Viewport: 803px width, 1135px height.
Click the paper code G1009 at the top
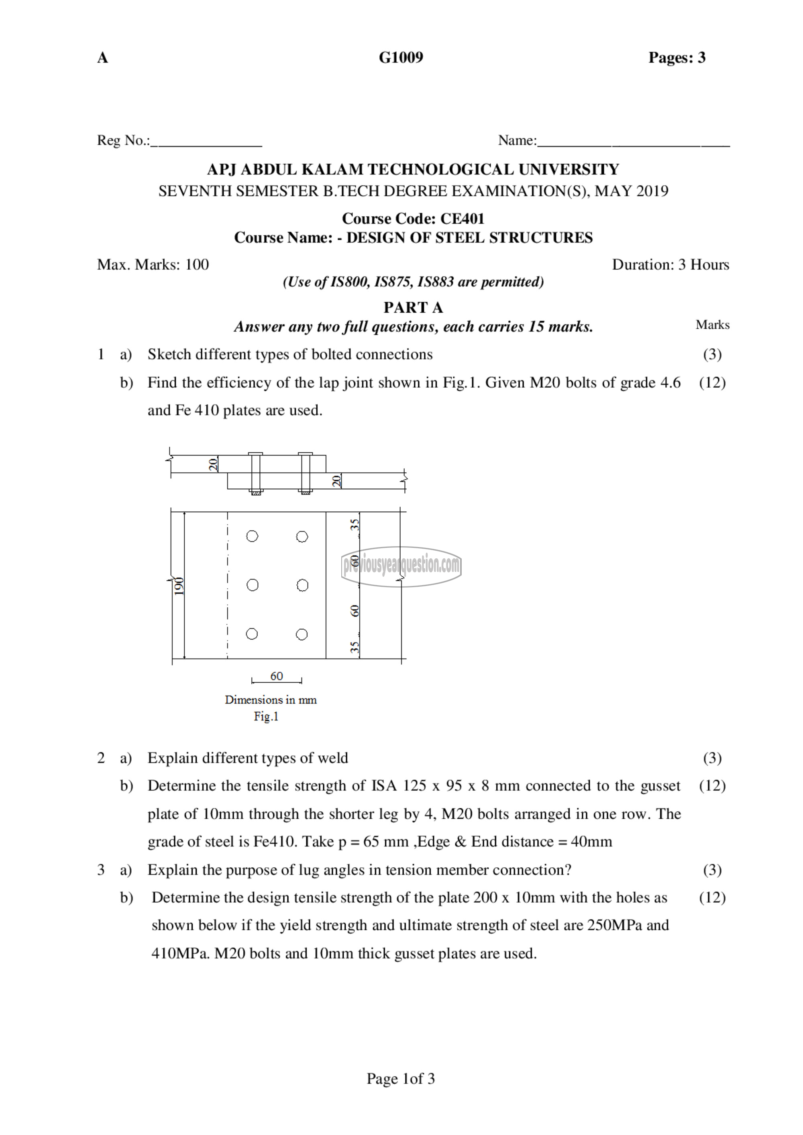pyautogui.click(x=401, y=58)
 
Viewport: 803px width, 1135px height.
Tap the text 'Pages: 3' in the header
pyautogui.click(x=677, y=58)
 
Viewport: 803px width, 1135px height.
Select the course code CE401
pyautogui.click(x=462, y=218)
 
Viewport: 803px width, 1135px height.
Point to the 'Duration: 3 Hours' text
pyautogui.click(x=670, y=264)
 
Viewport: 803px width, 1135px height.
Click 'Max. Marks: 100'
pyautogui.click(x=153, y=264)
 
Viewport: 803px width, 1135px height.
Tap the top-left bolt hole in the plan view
pyautogui.click(x=252, y=536)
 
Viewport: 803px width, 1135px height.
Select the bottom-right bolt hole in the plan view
pyautogui.click(x=302, y=634)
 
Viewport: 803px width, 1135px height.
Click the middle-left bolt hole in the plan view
pyautogui.click(x=252, y=585)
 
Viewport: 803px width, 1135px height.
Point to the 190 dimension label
pyautogui.click(x=179, y=586)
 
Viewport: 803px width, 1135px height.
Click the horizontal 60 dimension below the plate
pyautogui.click(x=276, y=676)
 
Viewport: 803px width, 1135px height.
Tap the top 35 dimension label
pyautogui.click(x=355, y=525)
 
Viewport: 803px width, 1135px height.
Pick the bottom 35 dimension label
pyautogui.click(x=355, y=647)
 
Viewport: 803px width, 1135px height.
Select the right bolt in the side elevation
pyautogui.click(x=305, y=473)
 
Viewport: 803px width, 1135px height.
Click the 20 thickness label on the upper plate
pyautogui.click(x=213, y=464)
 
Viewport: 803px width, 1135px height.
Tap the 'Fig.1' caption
pyautogui.click(x=266, y=716)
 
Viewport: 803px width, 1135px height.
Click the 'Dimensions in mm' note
pyautogui.click(x=271, y=700)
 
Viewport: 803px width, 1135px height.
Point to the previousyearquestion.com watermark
pyautogui.click(x=401, y=566)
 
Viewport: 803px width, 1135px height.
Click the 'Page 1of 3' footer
pyautogui.click(x=401, y=1079)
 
